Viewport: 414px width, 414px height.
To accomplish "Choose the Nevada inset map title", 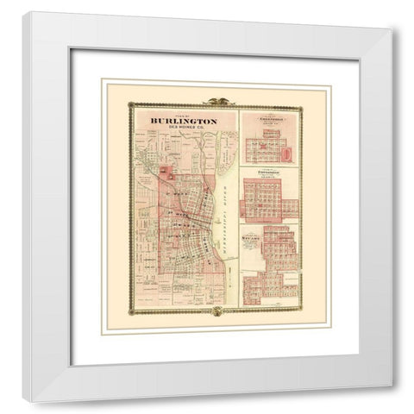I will (257, 235).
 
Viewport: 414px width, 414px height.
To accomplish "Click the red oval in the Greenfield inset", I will (287, 154).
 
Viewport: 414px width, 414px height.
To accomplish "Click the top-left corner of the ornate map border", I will (129, 105).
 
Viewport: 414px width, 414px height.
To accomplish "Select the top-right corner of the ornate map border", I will (302, 105).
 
